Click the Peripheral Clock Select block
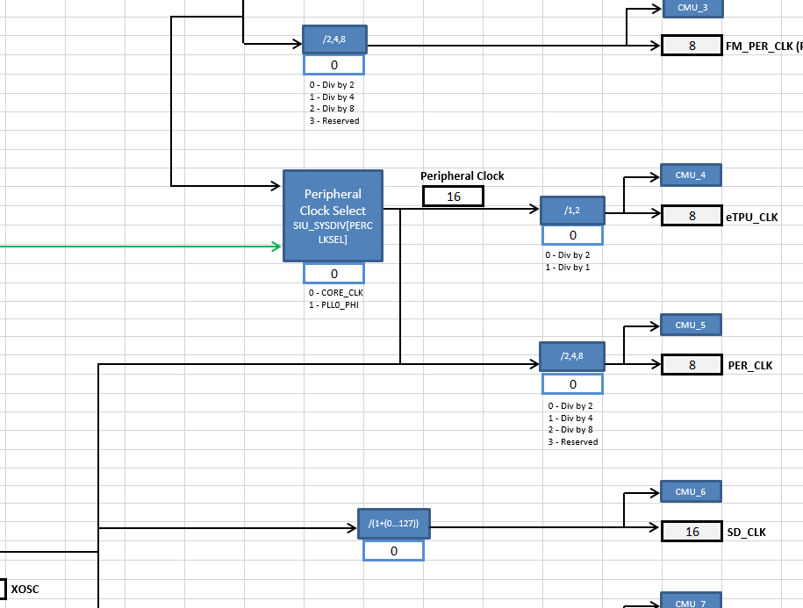(x=333, y=216)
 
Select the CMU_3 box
(x=691, y=8)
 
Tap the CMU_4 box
(x=691, y=175)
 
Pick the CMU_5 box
(x=691, y=325)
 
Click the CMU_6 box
(x=691, y=492)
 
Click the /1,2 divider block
(x=572, y=211)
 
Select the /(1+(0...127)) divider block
(x=393, y=524)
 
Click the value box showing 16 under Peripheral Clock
(x=453, y=197)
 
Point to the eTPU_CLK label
(x=752, y=217)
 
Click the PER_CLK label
(x=750, y=366)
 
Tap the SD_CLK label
(x=746, y=533)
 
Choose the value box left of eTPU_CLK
(x=692, y=216)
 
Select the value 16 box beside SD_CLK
(x=692, y=532)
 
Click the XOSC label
(x=25, y=589)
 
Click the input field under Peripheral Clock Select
(x=333, y=274)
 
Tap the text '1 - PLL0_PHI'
(x=334, y=305)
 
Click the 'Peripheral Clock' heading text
(x=462, y=176)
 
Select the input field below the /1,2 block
(x=572, y=235)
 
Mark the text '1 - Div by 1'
(x=567, y=267)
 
